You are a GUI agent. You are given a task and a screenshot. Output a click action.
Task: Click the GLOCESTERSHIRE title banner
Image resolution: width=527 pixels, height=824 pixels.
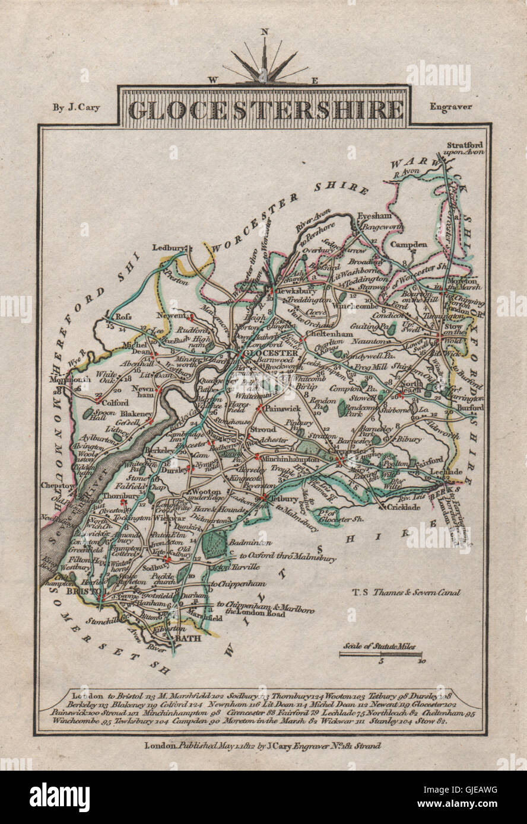(x=265, y=110)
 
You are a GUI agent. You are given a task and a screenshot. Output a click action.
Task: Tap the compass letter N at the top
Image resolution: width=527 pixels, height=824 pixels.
(x=265, y=33)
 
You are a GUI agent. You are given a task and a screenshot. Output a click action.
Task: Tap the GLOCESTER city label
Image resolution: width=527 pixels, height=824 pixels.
(x=264, y=354)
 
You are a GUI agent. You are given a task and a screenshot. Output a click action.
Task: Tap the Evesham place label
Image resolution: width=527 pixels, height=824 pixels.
(x=369, y=218)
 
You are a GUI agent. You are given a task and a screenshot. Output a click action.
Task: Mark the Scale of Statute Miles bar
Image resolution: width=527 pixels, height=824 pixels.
(x=380, y=654)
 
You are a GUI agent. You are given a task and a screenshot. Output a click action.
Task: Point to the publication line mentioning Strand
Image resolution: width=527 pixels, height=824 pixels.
(x=262, y=746)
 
